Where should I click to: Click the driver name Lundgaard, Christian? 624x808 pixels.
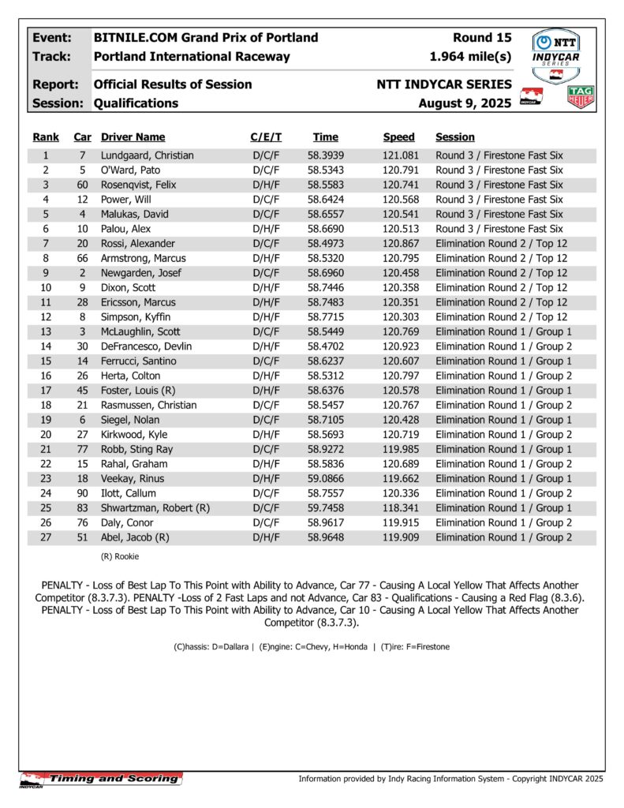click(x=147, y=155)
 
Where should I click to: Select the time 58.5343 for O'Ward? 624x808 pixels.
click(x=325, y=170)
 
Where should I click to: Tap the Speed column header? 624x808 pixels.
click(x=398, y=137)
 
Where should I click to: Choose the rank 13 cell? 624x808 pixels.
click(x=46, y=331)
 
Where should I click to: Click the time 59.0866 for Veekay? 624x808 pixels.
click(x=325, y=478)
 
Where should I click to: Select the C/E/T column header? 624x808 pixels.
click(x=266, y=137)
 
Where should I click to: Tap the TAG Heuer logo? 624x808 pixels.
click(x=581, y=98)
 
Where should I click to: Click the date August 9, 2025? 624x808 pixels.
click(x=465, y=103)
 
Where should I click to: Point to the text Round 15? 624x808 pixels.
click(x=482, y=38)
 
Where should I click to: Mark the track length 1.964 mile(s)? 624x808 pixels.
click(x=470, y=57)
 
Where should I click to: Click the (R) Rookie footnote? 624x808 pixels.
click(x=119, y=556)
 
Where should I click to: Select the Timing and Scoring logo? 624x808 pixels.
click(x=102, y=780)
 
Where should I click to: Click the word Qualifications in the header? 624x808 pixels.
click(x=136, y=103)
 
